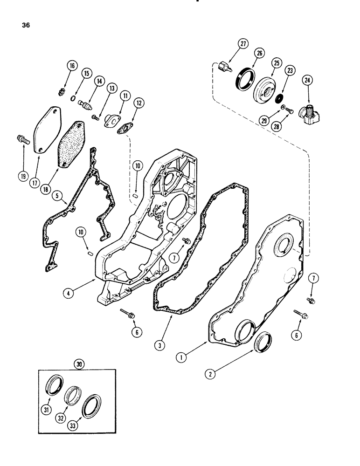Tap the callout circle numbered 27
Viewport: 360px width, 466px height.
(x=242, y=44)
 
